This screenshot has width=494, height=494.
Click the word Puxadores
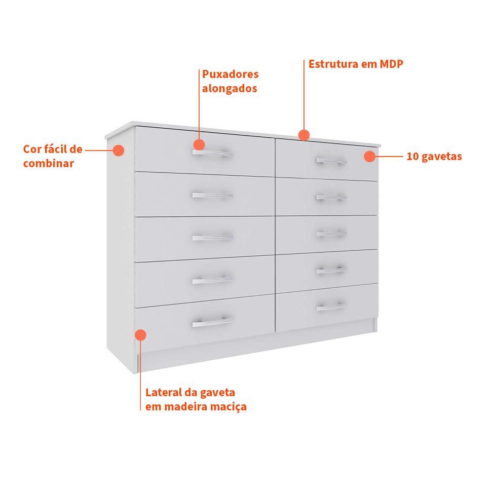point(231,74)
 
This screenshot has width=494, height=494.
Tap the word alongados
point(230,88)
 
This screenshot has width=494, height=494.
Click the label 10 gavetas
point(434,156)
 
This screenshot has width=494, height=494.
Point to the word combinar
point(49,163)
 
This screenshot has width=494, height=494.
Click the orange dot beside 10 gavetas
point(369,156)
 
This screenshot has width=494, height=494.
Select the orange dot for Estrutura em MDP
point(304,135)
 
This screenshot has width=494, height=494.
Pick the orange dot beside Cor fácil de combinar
point(118,150)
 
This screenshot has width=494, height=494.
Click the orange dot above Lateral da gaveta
point(140,335)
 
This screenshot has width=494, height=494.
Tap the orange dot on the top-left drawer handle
point(199,144)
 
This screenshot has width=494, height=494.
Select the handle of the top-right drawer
point(332,161)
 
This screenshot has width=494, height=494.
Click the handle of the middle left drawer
point(212,237)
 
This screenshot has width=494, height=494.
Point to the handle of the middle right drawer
point(332,234)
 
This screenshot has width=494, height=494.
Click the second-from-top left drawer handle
point(212,195)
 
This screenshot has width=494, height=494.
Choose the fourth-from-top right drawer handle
point(332,270)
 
